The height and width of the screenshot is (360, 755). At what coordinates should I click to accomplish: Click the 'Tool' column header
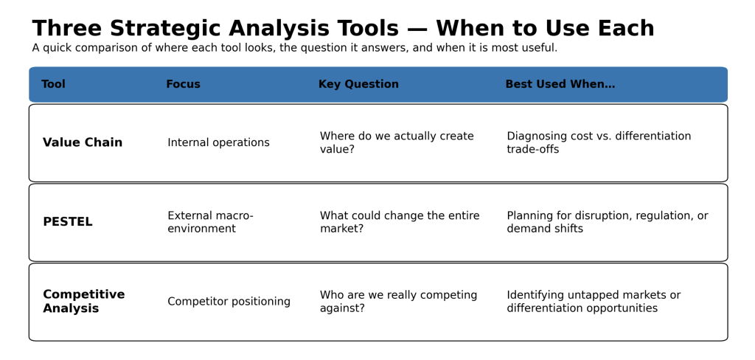tap(53, 84)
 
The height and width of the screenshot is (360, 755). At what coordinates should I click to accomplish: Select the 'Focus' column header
tap(183, 84)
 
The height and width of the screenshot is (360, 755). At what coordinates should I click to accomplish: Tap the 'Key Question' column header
tap(359, 84)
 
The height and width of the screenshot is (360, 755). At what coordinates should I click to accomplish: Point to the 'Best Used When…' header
tap(560, 84)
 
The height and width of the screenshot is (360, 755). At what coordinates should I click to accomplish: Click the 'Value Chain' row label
tap(83, 142)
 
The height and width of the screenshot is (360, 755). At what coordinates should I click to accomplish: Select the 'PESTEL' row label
tap(67, 222)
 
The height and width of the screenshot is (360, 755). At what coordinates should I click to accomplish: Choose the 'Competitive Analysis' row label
tap(84, 301)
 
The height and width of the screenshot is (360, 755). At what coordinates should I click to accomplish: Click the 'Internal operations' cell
tap(218, 142)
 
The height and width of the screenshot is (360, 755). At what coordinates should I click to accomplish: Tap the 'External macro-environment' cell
tap(210, 222)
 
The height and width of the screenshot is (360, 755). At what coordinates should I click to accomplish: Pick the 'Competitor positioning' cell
tap(229, 302)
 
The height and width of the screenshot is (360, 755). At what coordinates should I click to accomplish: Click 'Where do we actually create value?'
tap(397, 142)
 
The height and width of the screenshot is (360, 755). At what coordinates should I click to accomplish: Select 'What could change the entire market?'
tap(400, 222)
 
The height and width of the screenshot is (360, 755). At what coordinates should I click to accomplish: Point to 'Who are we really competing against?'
tap(399, 302)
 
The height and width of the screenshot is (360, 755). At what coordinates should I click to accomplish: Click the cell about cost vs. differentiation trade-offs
tap(599, 142)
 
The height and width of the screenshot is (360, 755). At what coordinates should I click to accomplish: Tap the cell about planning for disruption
tap(608, 222)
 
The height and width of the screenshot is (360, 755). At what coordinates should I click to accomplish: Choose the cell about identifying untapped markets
tap(594, 302)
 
